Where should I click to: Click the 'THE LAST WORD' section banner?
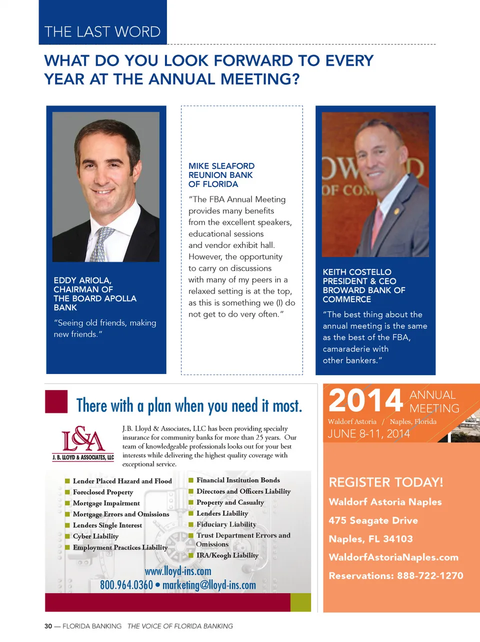pyautogui.click(x=102, y=31)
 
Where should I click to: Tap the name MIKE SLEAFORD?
pyautogui.click(x=221, y=166)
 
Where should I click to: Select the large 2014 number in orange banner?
pyautogui.click(x=365, y=401)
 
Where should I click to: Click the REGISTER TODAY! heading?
pyautogui.click(x=385, y=482)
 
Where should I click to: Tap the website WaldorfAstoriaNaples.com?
pyautogui.click(x=393, y=557)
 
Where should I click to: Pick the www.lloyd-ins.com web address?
pyautogui.click(x=178, y=571)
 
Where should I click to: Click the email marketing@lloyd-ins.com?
pyautogui.click(x=209, y=585)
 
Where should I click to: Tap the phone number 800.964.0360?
pyautogui.click(x=126, y=585)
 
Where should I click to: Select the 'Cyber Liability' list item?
pyautogui.click(x=95, y=536)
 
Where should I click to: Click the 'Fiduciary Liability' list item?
pyautogui.click(x=226, y=524)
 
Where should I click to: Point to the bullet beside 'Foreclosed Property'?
pyautogui.click(x=67, y=492)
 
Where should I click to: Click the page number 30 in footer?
pyautogui.click(x=48, y=626)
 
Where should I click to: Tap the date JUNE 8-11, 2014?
pyautogui.click(x=368, y=433)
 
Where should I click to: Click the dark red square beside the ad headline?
pyautogui.click(x=56, y=401)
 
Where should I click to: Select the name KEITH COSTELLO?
pyautogui.click(x=356, y=272)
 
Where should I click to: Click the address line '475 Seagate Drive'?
pyautogui.click(x=373, y=520)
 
